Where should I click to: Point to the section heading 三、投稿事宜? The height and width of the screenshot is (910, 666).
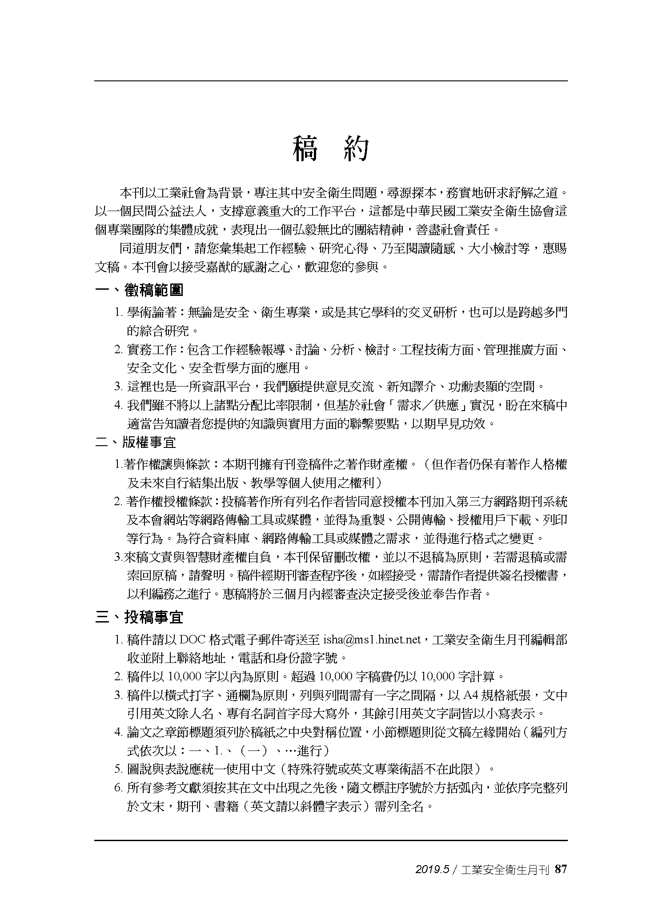[139, 617]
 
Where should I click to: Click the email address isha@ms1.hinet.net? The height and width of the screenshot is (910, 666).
[372, 640]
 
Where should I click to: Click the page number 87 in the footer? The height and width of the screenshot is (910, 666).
[561, 869]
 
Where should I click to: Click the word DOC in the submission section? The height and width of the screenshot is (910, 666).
[191, 640]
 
